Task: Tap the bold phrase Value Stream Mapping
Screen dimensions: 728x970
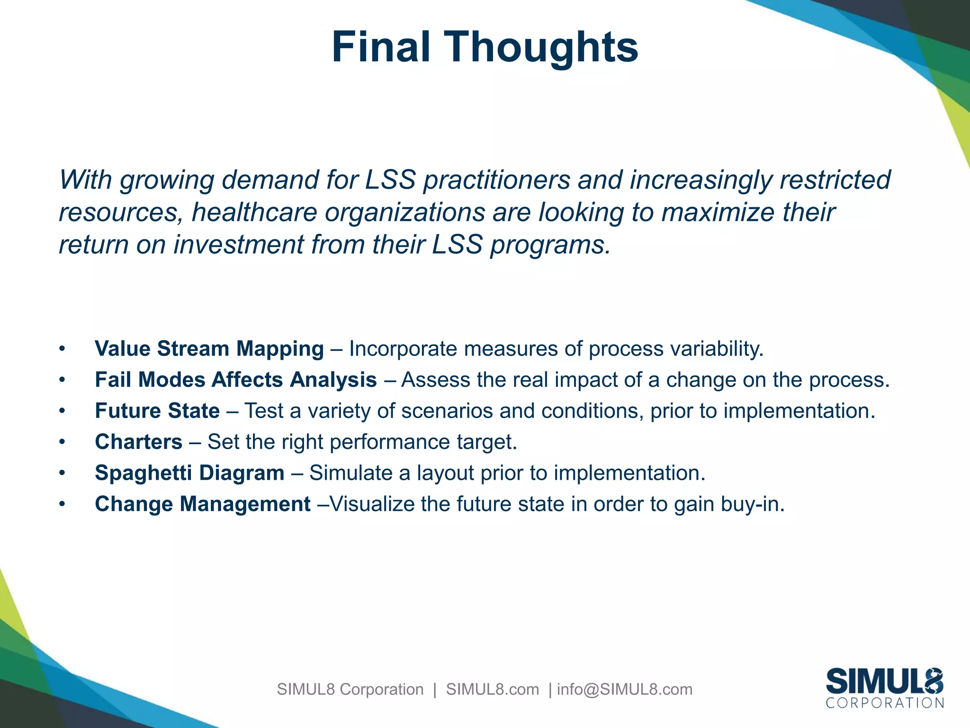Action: [209, 349]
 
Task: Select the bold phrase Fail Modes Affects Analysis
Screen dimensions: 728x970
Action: [235, 380]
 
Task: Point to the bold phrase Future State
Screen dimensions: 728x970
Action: [157, 411]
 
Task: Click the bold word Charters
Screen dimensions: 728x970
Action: [138, 442]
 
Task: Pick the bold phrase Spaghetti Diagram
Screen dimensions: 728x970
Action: [189, 473]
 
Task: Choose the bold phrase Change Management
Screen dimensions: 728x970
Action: [203, 504]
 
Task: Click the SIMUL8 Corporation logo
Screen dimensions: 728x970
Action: [884, 687]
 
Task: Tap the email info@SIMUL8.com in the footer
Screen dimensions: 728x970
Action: [624, 689]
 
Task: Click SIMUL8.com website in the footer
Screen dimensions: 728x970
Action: [492, 689]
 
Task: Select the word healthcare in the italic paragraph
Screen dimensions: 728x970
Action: [254, 212]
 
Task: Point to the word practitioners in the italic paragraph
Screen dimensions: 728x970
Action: [496, 180]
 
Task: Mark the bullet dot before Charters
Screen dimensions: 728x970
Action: [62, 442]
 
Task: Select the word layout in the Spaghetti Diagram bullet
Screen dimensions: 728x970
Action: [445, 473]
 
